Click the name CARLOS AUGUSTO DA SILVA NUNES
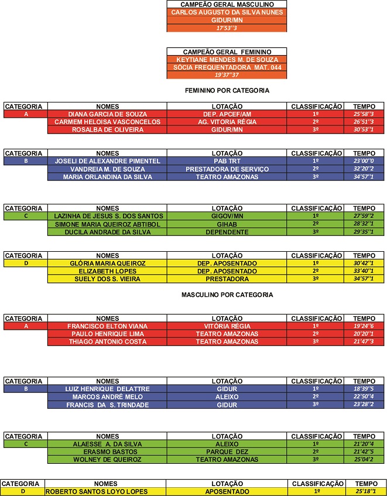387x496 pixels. pyautogui.click(x=227, y=12)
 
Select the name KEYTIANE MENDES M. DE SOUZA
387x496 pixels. pyautogui.click(x=227, y=59)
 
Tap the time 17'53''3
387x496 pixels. pyautogui.click(x=227, y=28)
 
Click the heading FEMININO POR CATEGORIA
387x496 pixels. pyautogui.click(x=227, y=91)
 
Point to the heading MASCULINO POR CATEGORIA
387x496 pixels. pyautogui.click(x=227, y=295)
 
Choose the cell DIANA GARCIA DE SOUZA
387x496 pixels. pyautogui.click(x=107, y=114)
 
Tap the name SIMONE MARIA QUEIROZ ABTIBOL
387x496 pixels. pyautogui.click(x=107, y=224)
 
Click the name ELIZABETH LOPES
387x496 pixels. pyautogui.click(x=107, y=271)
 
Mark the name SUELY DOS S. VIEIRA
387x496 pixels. pyautogui.click(x=107, y=279)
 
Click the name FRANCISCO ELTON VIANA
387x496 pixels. pyautogui.click(x=107, y=326)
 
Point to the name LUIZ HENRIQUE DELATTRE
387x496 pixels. pyautogui.click(x=107, y=389)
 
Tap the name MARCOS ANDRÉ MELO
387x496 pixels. pyautogui.click(x=107, y=396)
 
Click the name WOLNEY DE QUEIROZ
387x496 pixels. pyautogui.click(x=107, y=460)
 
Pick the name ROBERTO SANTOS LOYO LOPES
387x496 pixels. pyautogui.click(x=105, y=491)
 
